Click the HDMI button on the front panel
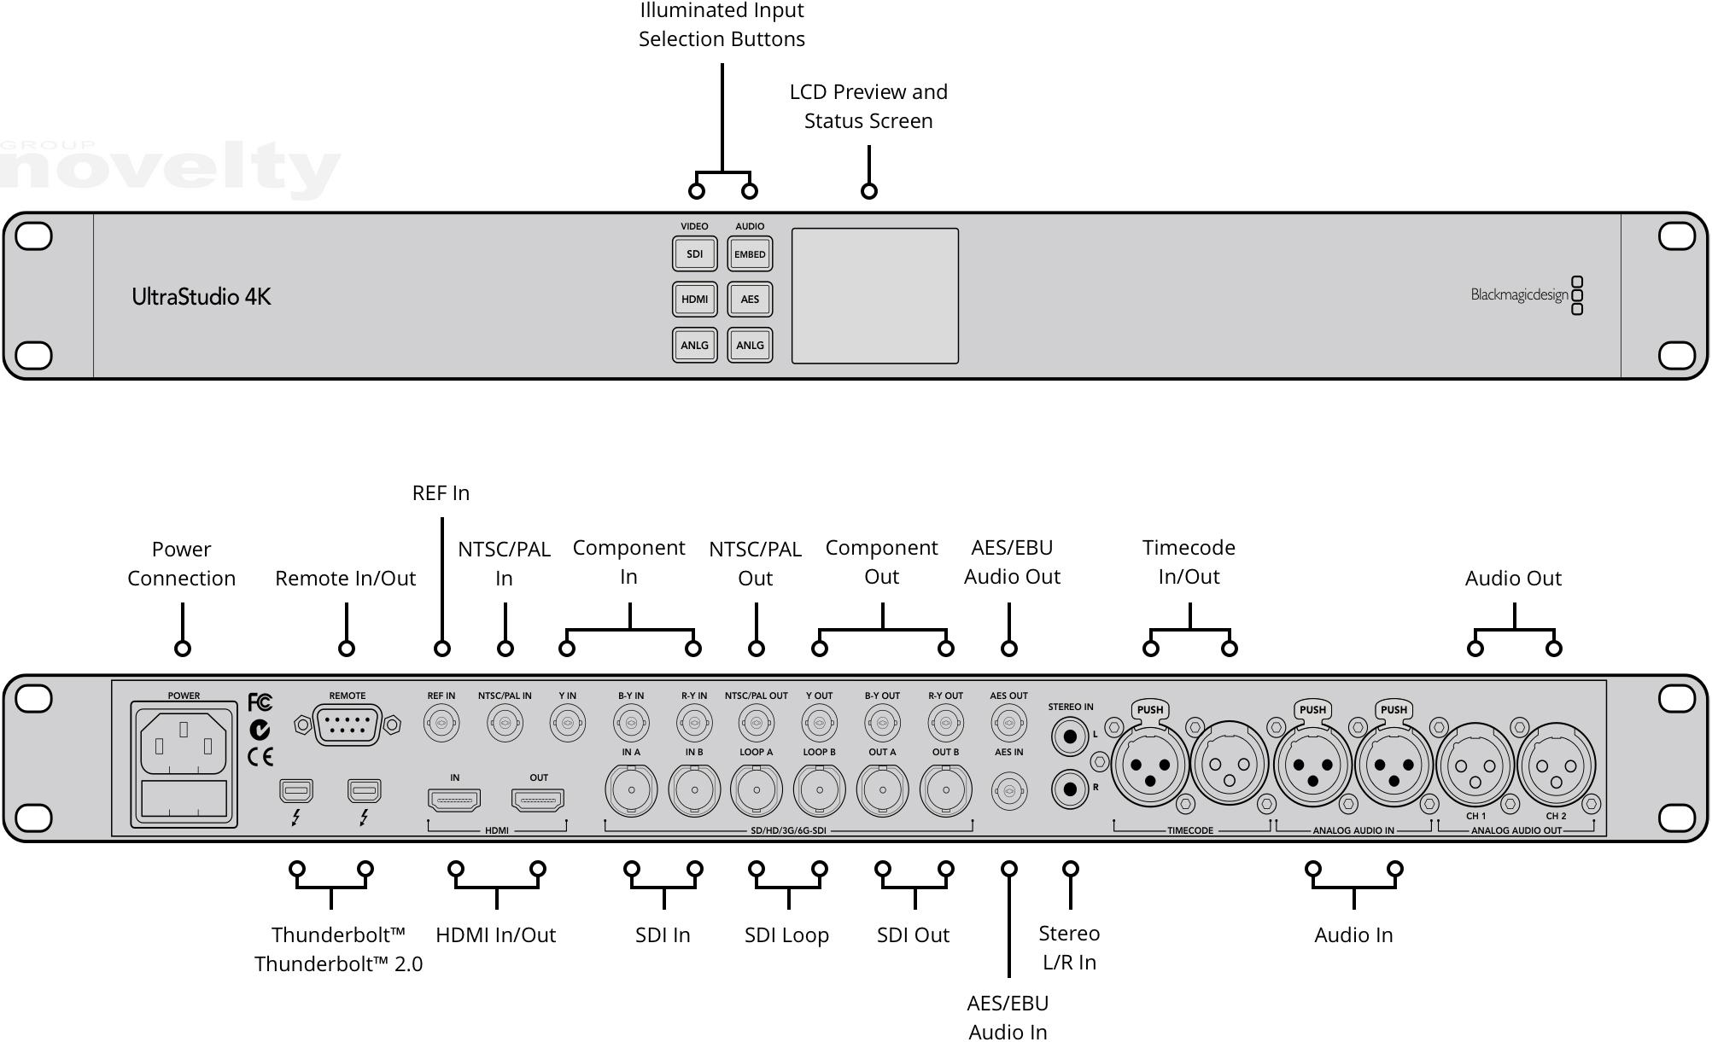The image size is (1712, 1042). (694, 299)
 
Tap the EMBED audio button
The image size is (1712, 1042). (750, 253)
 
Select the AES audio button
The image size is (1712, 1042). (750, 299)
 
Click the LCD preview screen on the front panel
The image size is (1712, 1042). (874, 295)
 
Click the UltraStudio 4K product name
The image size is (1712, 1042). (202, 297)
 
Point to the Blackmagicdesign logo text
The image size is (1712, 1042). (1519, 295)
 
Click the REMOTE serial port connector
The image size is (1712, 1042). (347, 725)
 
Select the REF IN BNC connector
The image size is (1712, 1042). (441, 725)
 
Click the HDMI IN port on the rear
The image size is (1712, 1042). (454, 800)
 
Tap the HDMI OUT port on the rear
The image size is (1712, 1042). (538, 800)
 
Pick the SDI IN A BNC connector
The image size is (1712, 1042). (631, 789)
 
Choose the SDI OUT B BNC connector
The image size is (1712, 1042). (945, 789)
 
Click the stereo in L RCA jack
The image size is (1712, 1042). (1069, 734)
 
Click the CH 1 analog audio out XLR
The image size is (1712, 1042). (1475, 765)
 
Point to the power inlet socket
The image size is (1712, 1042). (184, 742)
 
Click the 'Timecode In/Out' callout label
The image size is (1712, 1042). (1189, 562)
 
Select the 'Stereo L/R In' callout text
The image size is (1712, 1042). (1069, 947)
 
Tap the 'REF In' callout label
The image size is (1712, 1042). (441, 493)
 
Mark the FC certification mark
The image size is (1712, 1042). (260, 702)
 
